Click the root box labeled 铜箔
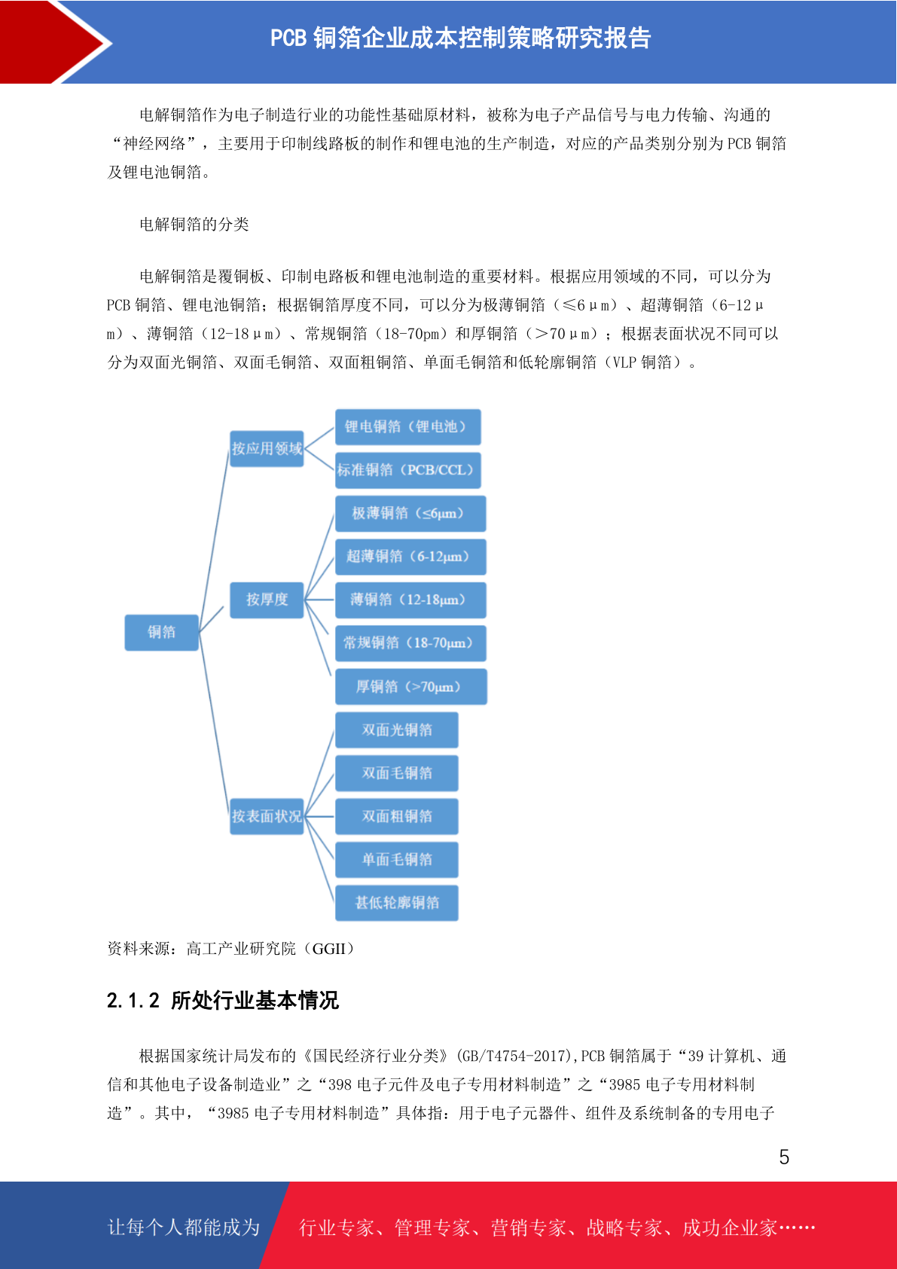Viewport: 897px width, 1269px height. (x=161, y=632)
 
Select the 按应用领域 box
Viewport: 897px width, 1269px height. (x=267, y=448)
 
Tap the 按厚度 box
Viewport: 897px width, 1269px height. (x=267, y=600)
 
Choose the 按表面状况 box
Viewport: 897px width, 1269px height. (x=267, y=816)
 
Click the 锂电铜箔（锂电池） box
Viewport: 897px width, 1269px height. (x=407, y=427)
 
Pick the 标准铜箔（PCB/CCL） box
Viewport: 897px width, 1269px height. (x=407, y=470)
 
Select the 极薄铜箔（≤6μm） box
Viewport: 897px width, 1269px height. (x=410, y=514)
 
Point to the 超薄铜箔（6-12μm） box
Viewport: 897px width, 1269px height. (x=410, y=557)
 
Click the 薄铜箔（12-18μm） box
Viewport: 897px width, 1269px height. (x=410, y=600)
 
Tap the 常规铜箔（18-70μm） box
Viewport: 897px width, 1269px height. (x=410, y=644)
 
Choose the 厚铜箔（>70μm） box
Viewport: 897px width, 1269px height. (x=410, y=686)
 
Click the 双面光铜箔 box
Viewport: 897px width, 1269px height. (x=396, y=729)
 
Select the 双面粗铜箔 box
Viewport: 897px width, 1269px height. (x=396, y=816)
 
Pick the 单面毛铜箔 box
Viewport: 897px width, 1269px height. (x=396, y=860)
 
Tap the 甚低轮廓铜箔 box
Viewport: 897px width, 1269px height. (x=396, y=903)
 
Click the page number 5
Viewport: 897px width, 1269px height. (x=784, y=1157)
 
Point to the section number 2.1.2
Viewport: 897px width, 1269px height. (x=133, y=1001)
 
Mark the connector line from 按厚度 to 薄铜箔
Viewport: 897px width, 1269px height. (x=319, y=600)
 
